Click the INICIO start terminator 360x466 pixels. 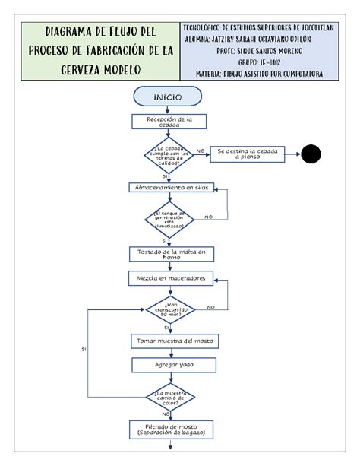(167, 97)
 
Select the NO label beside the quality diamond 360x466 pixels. (200, 152)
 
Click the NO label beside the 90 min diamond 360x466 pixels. (211, 307)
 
